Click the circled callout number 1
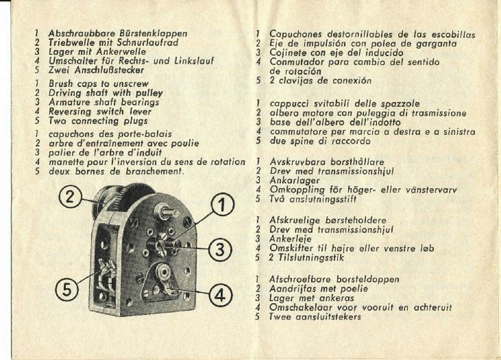(223, 203)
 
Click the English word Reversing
(72, 111)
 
